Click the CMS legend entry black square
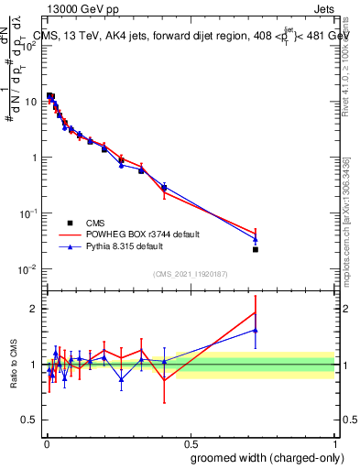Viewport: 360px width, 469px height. click(x=70, y=223)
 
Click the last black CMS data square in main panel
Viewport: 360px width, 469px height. click(x=256, y=249)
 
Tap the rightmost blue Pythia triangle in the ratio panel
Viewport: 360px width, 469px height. click(x=256, y=330)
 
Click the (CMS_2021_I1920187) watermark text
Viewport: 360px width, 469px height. click(x=190, y=274)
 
